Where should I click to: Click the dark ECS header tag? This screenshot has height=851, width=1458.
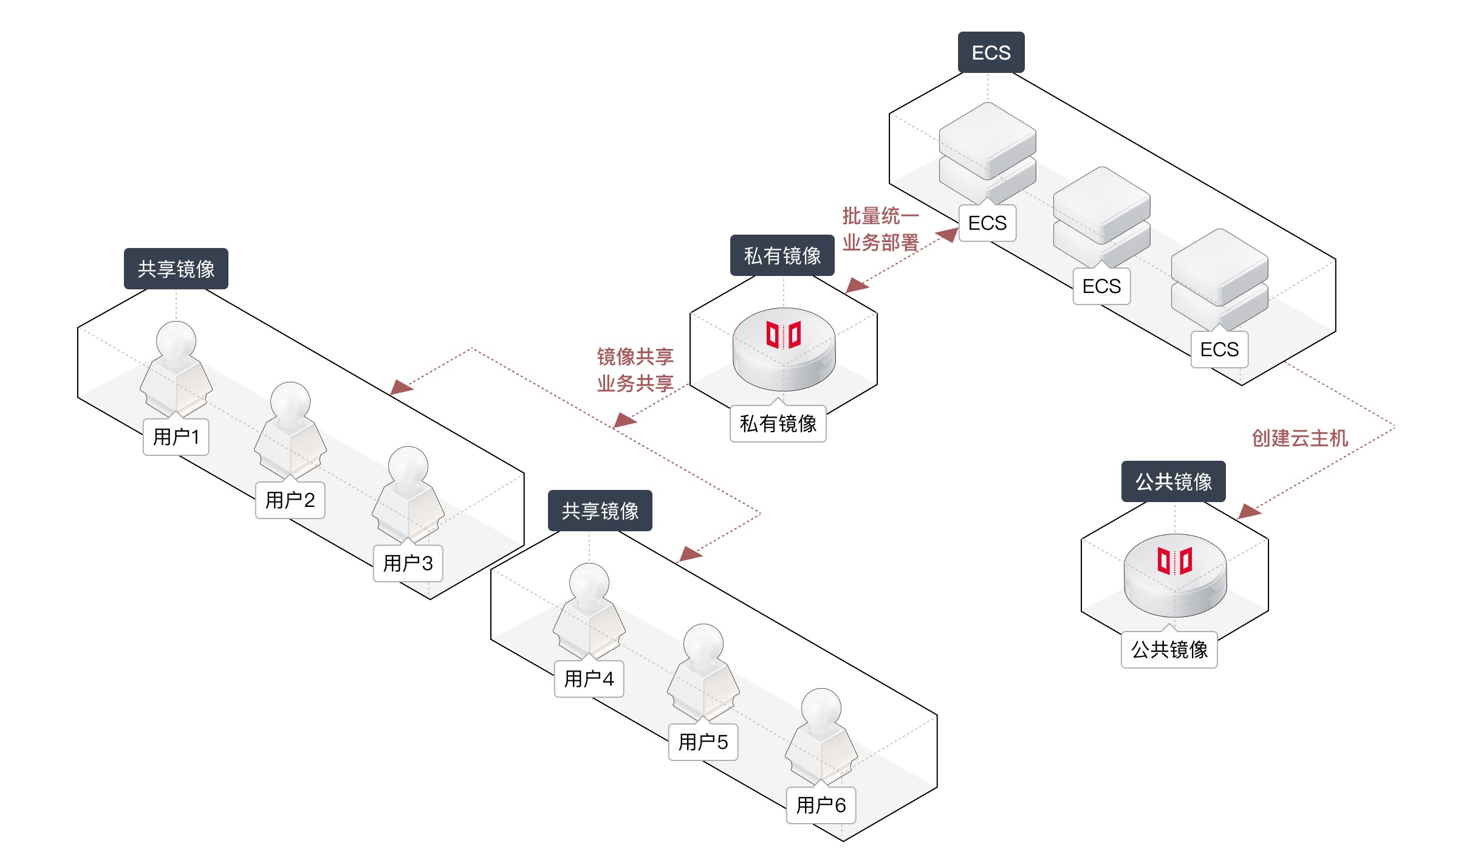pos(991,53)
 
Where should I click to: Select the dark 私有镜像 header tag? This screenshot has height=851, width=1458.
pos(782,256)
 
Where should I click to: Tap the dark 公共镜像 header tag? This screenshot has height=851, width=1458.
pos(1173,482)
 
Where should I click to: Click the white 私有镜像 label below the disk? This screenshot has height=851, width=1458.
pos(778,424)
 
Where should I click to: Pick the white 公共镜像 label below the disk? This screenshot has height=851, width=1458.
pos(1169,650)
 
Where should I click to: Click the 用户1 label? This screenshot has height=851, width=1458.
pos(176,437)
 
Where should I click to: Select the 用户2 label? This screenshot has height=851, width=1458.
pos(290,500)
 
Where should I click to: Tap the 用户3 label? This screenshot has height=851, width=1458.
pos(408,563)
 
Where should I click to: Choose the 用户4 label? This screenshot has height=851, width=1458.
pos(589,678)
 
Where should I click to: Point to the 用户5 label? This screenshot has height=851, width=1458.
pos(703,742)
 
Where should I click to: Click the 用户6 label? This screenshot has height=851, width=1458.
pos(821,805)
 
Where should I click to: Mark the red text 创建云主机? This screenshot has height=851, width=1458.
pos(1299,438)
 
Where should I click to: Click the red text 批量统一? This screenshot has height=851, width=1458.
pos(880,216)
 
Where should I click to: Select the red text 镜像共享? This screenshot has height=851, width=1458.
pos(635,357)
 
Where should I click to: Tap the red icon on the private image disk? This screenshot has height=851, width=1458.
pos(784,335)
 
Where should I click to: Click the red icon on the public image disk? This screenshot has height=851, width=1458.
pos(1175,561)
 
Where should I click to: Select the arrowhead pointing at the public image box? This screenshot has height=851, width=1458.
pos(1249,511)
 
